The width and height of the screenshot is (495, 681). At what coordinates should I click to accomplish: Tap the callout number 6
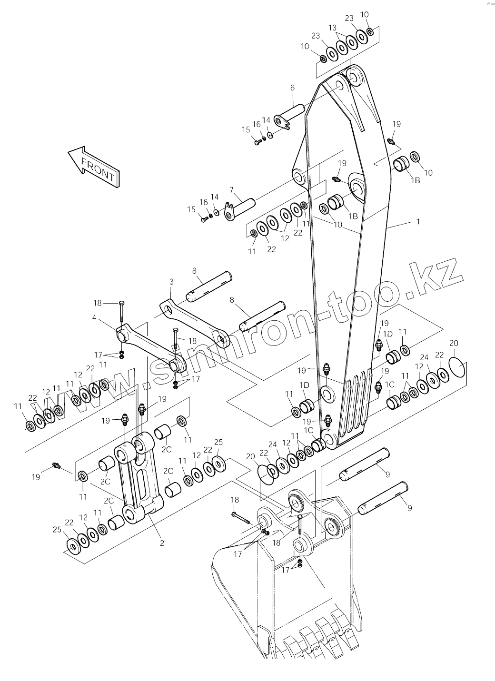(x=292, y=88)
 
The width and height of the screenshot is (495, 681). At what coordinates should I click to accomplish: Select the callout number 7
(x=232, y=190)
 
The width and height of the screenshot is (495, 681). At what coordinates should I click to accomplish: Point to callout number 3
(x=171, y=282)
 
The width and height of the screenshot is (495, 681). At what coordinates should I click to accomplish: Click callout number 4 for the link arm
(x=94, y=317)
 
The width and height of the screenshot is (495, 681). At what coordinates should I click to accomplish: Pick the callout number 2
(x=162, y=543)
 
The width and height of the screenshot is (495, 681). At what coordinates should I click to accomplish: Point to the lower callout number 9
(x=410, y=508)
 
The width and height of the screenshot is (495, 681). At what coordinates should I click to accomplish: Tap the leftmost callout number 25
(x=57, y=530)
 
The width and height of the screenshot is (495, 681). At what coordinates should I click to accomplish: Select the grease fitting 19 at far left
(x=57, y=465)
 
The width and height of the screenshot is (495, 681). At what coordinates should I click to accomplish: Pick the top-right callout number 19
(x=396, y=124)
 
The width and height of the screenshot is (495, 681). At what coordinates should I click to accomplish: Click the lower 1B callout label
(x=353, y=216)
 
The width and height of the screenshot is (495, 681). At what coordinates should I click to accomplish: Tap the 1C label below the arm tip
(x=309, y=430)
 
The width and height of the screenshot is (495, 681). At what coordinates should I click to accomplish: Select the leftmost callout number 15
(x=191, y=209)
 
